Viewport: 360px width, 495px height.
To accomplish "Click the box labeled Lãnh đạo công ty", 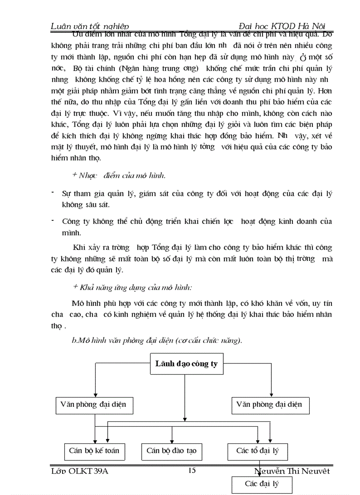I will click(187, 365).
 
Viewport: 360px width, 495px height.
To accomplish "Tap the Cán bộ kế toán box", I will click(94, 451).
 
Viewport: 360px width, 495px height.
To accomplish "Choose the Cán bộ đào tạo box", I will click(172, 451).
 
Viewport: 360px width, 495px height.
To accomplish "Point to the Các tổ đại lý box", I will click(258, 451).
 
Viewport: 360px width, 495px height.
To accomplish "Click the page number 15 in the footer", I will click(191, 470).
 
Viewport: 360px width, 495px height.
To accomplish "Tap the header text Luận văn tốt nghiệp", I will click(90, 26).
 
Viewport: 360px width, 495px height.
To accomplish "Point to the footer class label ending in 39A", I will click(79, 471).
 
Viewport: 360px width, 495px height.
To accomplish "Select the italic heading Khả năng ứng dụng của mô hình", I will click(132, 287).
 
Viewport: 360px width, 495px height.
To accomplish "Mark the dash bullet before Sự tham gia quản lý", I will click(52, 193).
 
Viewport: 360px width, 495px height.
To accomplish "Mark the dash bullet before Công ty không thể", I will click(52, 220).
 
